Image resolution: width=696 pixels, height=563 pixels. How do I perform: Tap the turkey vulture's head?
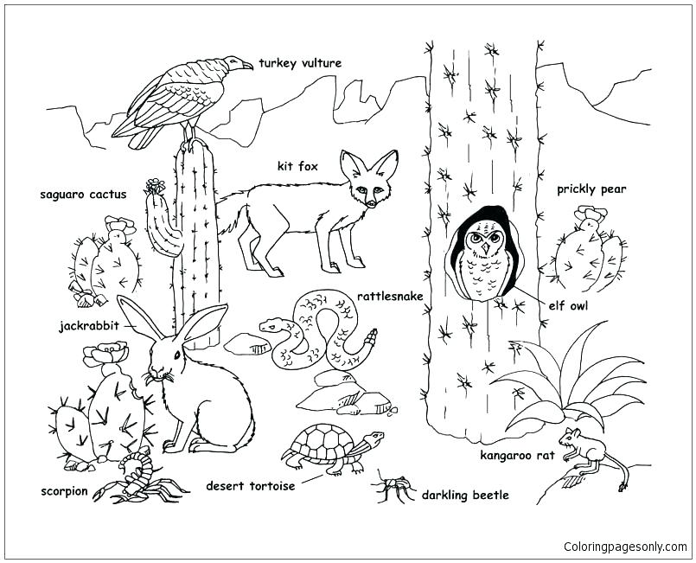coord(235,63)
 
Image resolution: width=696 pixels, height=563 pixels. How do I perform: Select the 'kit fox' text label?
coord(297,166)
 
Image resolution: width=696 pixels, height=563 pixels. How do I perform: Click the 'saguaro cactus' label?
coord(83,195)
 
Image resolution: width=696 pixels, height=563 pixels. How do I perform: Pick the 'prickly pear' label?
coord(591,189)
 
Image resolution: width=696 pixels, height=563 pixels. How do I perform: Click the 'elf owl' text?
coord(568,304)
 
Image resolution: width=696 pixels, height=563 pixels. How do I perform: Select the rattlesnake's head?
coord(271,326)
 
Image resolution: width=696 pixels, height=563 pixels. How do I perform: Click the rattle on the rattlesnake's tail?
coord(371,335)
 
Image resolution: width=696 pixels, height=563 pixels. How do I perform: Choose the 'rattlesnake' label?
coord(390,297)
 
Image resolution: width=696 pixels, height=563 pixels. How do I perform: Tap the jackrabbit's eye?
coord(176,354)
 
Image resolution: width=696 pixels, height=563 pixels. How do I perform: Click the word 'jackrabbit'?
coord(88,327)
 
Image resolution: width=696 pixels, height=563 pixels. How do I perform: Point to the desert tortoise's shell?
coord(322,443)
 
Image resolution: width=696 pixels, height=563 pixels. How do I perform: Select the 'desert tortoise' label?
coord(250,486)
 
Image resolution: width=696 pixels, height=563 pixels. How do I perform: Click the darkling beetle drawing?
coord(393,489)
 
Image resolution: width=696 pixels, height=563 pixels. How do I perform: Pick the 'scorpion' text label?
coord(64,491)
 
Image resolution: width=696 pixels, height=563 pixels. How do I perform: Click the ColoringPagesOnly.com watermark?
coord(625,547)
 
